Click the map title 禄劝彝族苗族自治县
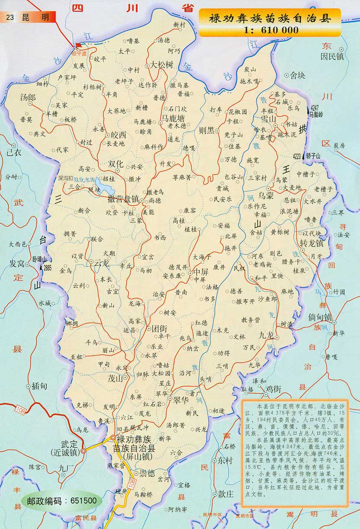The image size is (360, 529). [x=269, y=19]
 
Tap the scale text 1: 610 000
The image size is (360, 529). [x=270, y=30]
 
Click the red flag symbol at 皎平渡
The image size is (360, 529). [x=78, y=45]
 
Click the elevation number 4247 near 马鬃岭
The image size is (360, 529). [x=315, y=107]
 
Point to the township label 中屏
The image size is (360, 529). [x=201, y=272]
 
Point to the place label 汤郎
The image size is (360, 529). [x=28, y=98]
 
